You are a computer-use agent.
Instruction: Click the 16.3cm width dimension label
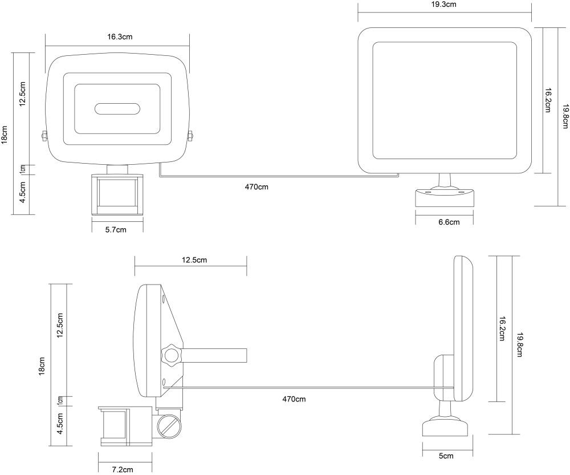pyautogui.click(x=120, y=36)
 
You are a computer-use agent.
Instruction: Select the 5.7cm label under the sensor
pyautogui.click(x=117, y=229)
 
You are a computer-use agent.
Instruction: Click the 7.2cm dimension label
pyautogui.click(x=122, y=469)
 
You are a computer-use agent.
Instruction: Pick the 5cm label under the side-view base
pyautogui.click(x=446, y=456)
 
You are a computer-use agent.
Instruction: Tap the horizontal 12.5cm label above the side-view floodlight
pyautogui.click(x=194, y=260)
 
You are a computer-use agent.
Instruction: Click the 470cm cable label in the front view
pyautogui.click(x=256, y=187)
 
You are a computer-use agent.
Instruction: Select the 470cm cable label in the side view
pyautogui.click(x=294, y=399)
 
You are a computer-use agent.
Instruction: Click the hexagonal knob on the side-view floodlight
pyautogui.click(x=171, y=355)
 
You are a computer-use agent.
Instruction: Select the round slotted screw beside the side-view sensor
pyautogui.click(x=169, y=426)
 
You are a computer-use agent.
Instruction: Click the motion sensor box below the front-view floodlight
pyautogui.click(x=117, y=194)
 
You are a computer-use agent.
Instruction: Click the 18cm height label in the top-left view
pyautogui.click(x=5, y=135)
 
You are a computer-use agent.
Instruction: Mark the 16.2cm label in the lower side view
pyautogui.click(x=502, y=329)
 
